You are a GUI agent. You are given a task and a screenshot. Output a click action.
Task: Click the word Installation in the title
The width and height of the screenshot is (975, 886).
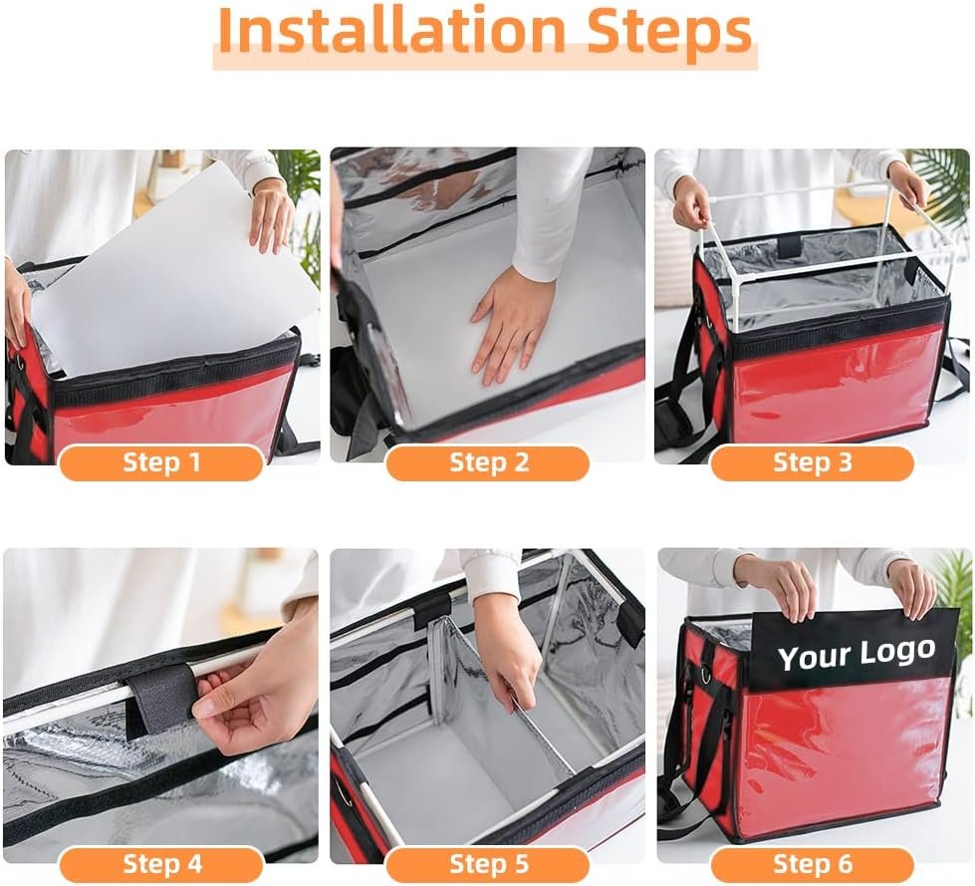coord(391,31)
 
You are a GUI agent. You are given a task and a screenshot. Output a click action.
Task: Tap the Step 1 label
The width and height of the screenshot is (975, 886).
coord(161,462)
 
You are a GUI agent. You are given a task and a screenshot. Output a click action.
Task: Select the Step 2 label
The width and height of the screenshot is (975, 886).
coord(489,462)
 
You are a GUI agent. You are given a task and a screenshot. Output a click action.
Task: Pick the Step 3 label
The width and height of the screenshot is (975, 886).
coord(812,462)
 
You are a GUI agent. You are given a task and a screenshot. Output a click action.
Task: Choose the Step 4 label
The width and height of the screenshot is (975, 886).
coord(161,864)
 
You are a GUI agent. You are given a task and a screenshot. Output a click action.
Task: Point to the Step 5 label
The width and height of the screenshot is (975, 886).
coord(489,864)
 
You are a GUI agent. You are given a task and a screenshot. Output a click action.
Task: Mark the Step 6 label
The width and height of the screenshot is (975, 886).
coord(812,864)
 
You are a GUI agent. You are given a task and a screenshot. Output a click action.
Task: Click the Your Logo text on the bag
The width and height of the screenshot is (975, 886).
coord(856,655)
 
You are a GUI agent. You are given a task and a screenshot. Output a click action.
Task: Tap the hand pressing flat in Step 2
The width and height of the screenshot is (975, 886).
coord(510,324)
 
